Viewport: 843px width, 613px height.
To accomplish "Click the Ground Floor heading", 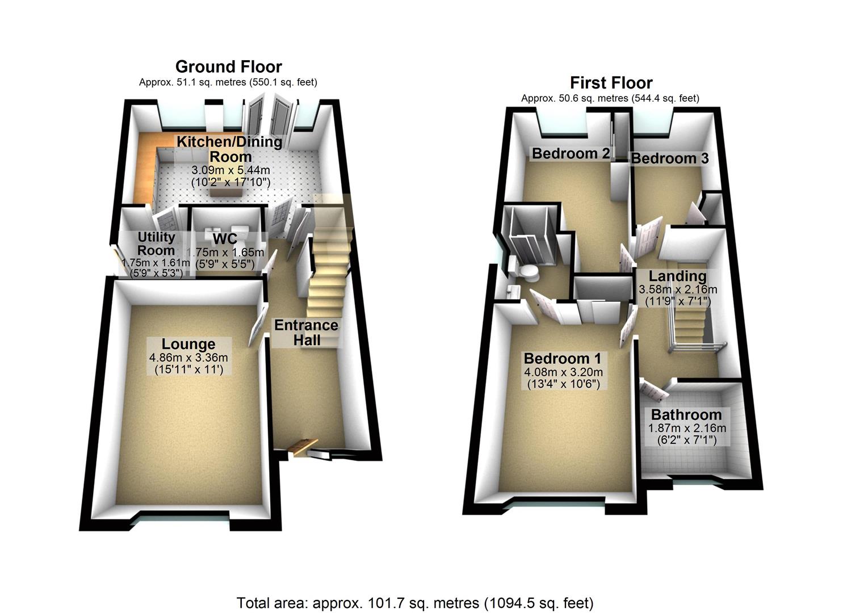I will click(228, 66).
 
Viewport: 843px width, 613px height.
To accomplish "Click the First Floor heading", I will click(611, 83).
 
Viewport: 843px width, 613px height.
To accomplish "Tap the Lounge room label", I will click(188, 344).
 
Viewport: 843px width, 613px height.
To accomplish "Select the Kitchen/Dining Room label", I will click(229, 149).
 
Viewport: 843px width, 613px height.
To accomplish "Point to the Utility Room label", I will click(156, 243).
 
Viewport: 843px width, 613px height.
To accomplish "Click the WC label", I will click(224, 238).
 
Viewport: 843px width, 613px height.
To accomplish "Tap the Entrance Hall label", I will click(306, 333).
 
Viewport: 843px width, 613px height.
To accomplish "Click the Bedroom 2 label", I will click(571, 153).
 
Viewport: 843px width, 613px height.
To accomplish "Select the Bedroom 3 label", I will click(670, 158).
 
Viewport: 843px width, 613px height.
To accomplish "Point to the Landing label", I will click(677, 276).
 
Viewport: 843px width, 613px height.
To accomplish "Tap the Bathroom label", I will click(686, 414).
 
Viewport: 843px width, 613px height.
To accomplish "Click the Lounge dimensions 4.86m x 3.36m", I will click(188, 358).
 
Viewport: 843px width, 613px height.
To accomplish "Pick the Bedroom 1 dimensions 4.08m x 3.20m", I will click(563, 372).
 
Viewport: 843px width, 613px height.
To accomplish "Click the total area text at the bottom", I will click(415, 602).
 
